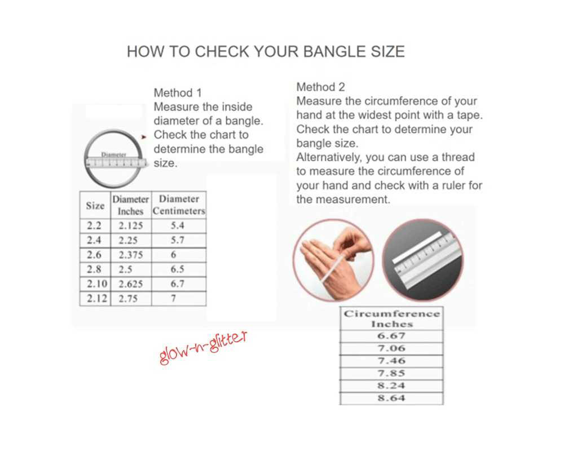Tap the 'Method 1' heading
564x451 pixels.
(x=178, y=93)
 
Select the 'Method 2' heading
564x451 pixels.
(x=320, y=87)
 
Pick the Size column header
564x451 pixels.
(x=95, y=206)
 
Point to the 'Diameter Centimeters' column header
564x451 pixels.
(x=179, y=205)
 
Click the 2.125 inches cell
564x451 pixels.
(x=131, y=226)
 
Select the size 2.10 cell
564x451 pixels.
(x=97, y=284)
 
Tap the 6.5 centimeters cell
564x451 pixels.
(x=177, y=269)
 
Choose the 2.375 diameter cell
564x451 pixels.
(x=131, y=255)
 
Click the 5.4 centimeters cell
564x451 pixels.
(x=177, y=225)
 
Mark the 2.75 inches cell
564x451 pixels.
(x=128, y=299)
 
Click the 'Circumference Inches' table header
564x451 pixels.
(x=392, y=319)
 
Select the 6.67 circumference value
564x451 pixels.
(x=391, y=336)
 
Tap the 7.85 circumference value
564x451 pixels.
(x=391, y=373)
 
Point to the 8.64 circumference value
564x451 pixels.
(x=391, y=398)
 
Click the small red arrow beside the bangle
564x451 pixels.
(x=144, y=136)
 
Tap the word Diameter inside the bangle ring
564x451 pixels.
(x=114, y=154)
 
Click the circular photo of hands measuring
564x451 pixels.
(x=333, y=260)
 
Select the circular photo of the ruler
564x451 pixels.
(x=422, y=260)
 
